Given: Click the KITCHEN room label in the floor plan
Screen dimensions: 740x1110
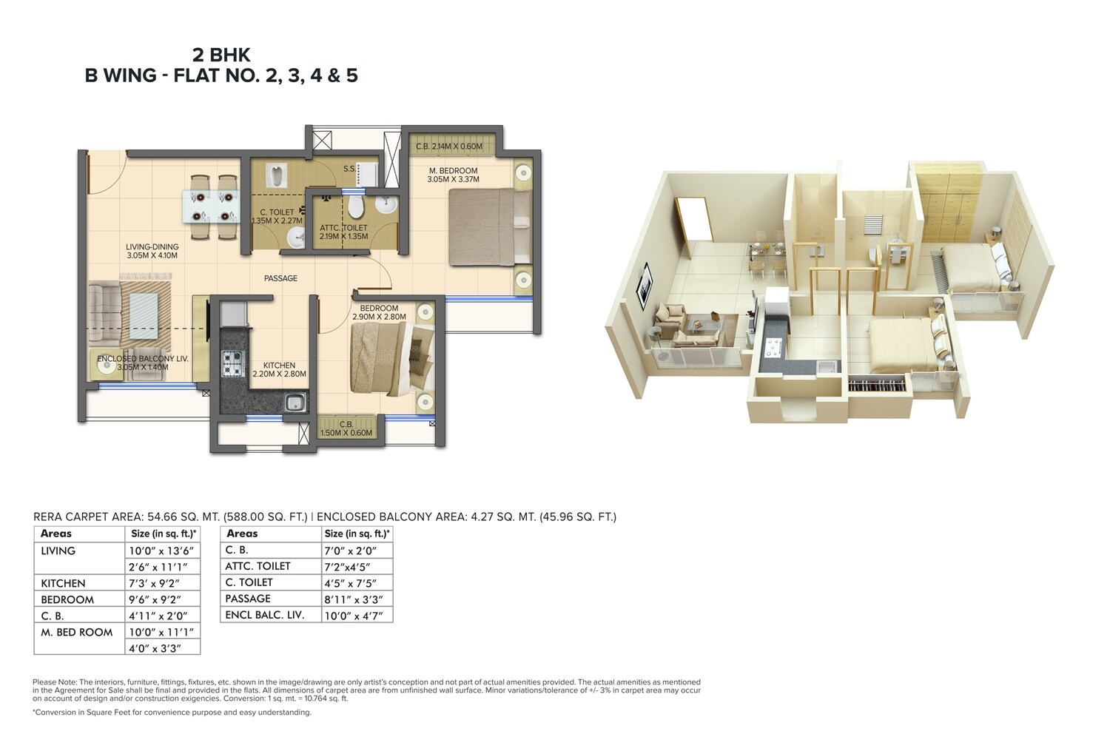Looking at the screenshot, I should coord(279,366).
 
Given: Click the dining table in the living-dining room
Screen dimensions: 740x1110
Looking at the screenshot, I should coord(212,207).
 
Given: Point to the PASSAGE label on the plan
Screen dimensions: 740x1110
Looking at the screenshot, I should coord(281,278).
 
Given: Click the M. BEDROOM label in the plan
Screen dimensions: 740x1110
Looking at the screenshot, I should coord(453,171).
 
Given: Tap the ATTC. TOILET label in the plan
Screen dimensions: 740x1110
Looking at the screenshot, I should coord(343,228).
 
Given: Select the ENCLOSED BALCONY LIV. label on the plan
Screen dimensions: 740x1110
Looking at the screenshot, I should coord(143,358).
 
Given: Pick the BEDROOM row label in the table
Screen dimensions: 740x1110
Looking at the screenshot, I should coord(67,599).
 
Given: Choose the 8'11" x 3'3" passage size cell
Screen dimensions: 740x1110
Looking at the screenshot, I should coord(352,599).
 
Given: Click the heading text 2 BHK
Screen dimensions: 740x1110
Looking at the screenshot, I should coord(221,55).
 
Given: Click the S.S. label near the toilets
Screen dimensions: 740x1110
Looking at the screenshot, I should coord(349,169).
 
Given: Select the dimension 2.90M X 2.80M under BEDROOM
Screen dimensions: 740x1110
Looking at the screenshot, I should coord(379,317).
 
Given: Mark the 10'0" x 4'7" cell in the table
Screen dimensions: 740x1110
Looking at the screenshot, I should coord(353,615).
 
